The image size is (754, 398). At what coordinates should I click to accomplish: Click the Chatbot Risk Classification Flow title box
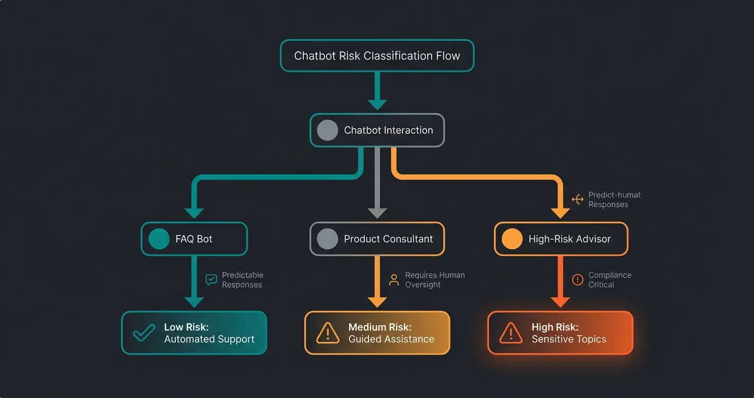376,56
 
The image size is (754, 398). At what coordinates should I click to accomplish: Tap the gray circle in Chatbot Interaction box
327,130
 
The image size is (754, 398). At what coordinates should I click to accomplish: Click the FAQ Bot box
194,239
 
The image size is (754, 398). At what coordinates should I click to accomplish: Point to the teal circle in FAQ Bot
159,239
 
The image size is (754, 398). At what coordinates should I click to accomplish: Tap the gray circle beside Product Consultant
327,239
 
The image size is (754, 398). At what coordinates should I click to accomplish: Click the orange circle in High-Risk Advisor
511,239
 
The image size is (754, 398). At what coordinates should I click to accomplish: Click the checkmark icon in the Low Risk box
143,333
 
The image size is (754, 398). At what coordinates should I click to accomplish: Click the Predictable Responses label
242,279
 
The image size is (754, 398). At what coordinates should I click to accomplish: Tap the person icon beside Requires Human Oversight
393,279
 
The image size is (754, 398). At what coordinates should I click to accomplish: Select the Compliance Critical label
609,279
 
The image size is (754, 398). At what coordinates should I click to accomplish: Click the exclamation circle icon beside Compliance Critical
577,279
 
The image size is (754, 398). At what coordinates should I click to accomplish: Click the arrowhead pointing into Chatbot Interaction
377,104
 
